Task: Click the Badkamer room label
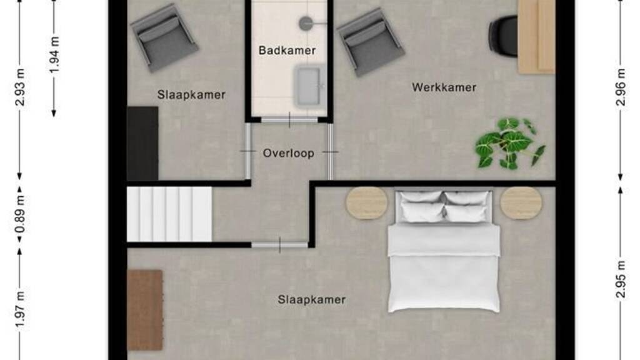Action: (287, 51)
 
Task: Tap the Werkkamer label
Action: (444, 87)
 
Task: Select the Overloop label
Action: (289, 154)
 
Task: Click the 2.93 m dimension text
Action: (20, 87)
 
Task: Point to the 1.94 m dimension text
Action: (54, 55)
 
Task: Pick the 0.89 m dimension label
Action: (20, 214)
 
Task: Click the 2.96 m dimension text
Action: (621, 87)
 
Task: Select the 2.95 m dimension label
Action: (621, 279)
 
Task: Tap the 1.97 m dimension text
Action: (20, 309)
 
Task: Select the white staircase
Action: (169, 214)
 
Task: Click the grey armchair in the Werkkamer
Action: (370, 42)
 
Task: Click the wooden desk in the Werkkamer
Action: (536, 37)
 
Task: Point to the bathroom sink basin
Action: (307, 86)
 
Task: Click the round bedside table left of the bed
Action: (367, 203)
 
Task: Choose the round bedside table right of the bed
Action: (521, 203)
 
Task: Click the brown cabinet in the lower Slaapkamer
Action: (145, 310)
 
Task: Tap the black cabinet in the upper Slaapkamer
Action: (142, 143)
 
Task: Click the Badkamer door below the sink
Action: (289, 120)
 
